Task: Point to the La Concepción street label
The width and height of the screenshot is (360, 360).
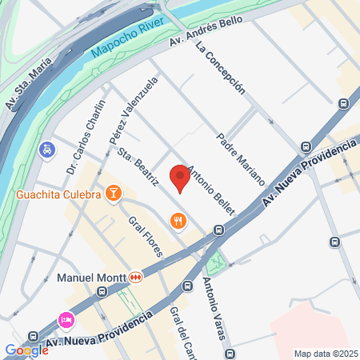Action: (219, 68)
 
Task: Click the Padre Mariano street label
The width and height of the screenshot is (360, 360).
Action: (240, 159)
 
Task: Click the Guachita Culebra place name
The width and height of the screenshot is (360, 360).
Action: (58, 194)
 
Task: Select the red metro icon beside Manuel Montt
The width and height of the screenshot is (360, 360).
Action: (137, 278)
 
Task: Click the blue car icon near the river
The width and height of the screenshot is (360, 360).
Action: (48, 150)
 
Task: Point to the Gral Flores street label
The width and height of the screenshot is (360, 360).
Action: (148, 236)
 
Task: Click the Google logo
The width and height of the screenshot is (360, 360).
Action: (26, 350)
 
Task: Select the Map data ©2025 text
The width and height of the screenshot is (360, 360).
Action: (324, 354)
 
